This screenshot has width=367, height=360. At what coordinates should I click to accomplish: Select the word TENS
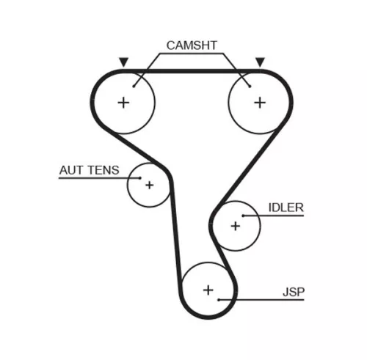[x=103, y=170]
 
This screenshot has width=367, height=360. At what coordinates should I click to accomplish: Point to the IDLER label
[x=285, y=207]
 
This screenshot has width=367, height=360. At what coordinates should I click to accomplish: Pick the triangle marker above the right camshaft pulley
[x=259, y=62]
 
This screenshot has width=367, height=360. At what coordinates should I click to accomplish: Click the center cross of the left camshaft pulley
[x=123, y=102]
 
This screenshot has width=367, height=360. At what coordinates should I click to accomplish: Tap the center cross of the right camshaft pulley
[x=258, y=102]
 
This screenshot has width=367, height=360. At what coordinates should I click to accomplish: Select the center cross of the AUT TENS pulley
[x=149, y=185]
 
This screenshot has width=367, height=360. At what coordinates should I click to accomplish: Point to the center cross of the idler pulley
[x=235, y=225]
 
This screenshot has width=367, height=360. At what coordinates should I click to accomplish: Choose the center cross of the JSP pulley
[x=208, y=291]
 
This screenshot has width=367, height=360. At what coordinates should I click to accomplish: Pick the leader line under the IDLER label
[x=279, y=216]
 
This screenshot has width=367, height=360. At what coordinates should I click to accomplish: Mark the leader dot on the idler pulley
[x=243, y=216]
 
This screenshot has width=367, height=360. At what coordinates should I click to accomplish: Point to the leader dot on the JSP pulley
[x=219, y=299]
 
